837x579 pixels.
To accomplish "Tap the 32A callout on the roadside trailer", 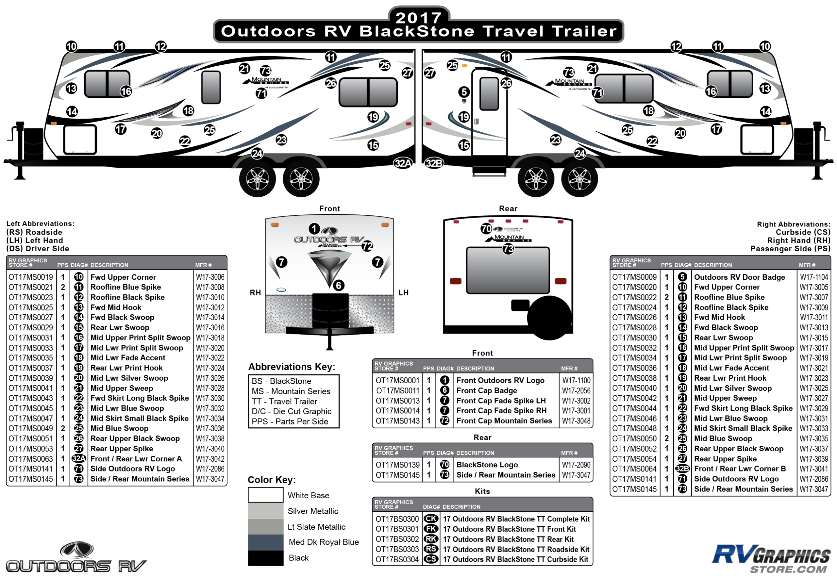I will pos(403,163).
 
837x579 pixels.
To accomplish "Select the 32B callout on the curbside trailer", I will pos(434,163).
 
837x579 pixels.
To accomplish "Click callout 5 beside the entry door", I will pos(464,92).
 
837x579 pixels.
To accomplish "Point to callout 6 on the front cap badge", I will pos(338,285).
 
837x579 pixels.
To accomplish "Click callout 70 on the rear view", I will pos(486,229).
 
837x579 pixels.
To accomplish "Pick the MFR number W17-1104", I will pos(814,277).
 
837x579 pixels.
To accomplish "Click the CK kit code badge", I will pos(431,519).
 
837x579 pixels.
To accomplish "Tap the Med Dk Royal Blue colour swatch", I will pos(265,542).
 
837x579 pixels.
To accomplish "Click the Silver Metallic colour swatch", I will pos(265,511).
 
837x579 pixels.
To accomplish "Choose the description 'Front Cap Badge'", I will pos(486,390).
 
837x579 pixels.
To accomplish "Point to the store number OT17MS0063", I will pos(31,459).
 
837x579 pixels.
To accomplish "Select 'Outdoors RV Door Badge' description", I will pos(739,277).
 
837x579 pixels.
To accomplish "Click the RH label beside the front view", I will pos(255,293).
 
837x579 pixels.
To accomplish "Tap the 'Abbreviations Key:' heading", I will pos(292,367).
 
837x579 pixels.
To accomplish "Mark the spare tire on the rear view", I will pos(549,318).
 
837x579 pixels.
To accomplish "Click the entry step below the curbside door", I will pos(489,170).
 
